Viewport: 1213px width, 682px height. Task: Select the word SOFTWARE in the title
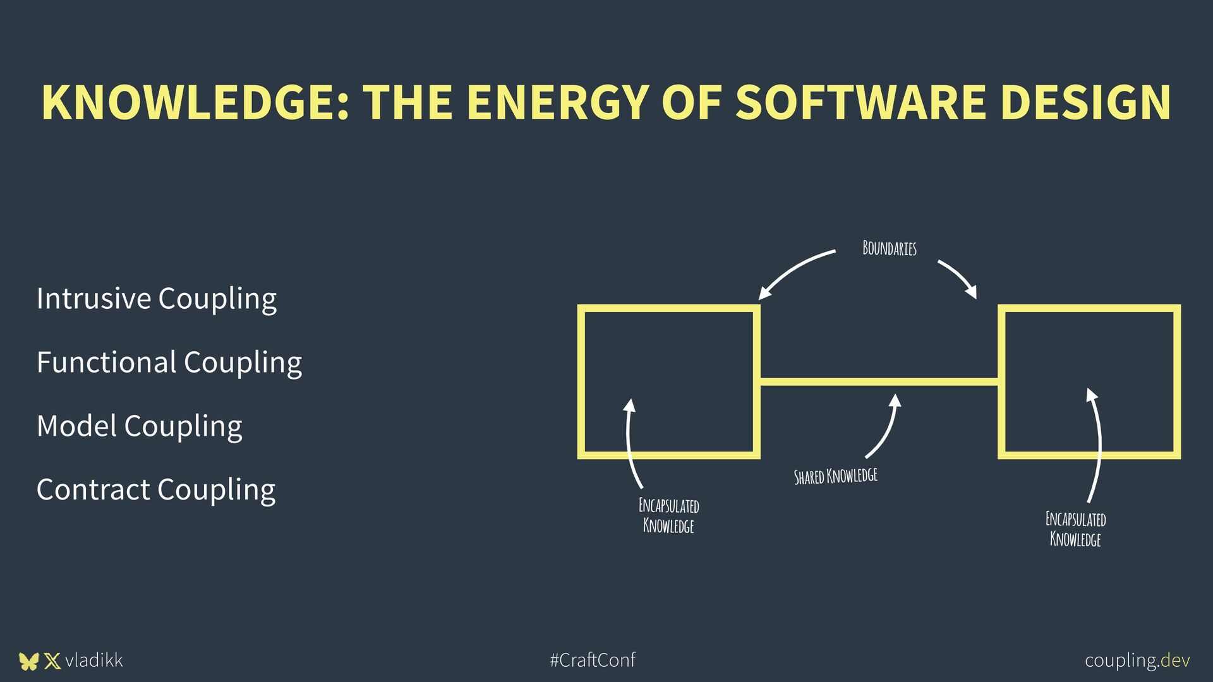860,102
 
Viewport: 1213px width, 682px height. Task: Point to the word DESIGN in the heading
1085,102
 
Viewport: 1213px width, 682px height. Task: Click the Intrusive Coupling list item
157,299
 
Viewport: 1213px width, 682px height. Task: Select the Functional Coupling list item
169,362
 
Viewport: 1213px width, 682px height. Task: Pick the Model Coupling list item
140,426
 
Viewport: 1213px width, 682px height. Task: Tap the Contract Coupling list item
156,490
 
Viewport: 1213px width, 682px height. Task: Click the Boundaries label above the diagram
889,248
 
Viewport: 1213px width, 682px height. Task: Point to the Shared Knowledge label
835,476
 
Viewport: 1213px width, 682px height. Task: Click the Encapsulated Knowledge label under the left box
668,516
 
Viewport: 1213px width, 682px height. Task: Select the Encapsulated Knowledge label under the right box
1075,529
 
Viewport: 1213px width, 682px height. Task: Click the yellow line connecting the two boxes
878,381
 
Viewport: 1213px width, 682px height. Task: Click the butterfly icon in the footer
28,661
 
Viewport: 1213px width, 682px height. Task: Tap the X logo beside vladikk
52,661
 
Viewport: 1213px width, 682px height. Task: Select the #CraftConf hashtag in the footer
593,661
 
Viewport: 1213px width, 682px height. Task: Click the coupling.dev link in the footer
1137,661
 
